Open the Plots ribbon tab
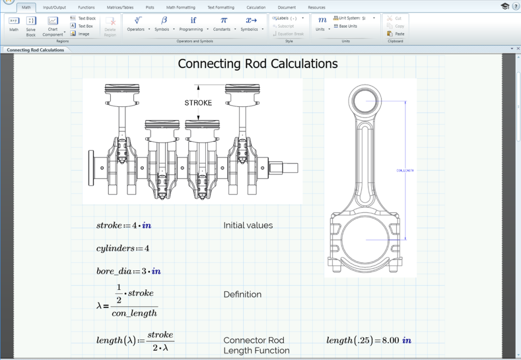(150, 8)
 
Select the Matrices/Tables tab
(120, 8)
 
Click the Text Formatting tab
(221, 8)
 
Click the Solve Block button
(31, 25)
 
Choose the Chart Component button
(53, 25)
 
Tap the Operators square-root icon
(138, 21)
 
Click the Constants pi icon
(224, 21)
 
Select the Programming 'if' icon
(193, 21)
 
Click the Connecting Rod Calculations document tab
(35, 50)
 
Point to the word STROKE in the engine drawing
(198, 103)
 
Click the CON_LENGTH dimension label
(405, 170)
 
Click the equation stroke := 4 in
(123, 225)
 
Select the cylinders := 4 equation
(123, 248)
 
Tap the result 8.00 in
(398, 340)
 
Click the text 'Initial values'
(248, 225)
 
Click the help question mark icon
(516, 6)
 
